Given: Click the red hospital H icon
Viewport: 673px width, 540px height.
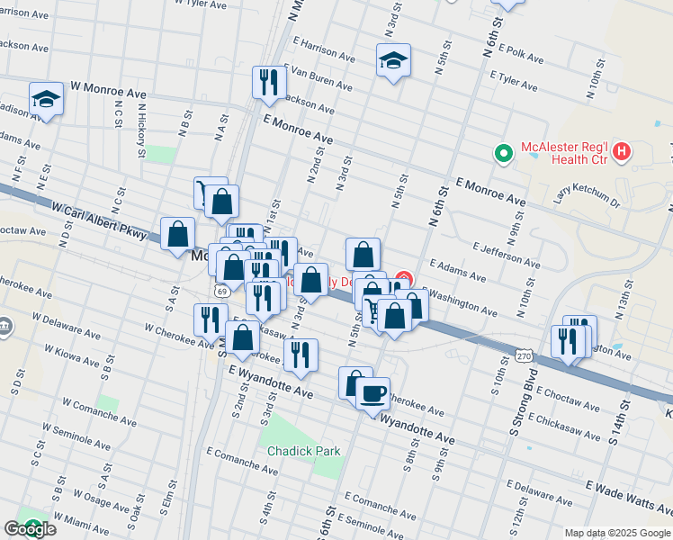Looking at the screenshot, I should coord(621,156).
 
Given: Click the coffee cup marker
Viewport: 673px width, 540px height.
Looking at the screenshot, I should coord(372,393).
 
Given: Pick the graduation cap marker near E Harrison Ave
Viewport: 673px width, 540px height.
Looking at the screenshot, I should coord(393,61).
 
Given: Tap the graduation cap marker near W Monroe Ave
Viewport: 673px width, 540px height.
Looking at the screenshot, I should coord(46,100).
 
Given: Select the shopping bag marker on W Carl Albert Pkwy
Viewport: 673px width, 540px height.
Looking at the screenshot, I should coord(178,234).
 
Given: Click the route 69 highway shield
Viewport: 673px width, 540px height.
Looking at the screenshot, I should coord(221,292).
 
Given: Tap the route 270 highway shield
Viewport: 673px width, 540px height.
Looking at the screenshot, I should coord(524,356).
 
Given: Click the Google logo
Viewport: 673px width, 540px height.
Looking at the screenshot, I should coord(31,528).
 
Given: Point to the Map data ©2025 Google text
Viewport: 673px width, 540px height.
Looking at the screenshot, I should coord(617,533).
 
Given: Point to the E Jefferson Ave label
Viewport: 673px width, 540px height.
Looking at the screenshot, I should coord(506,254).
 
